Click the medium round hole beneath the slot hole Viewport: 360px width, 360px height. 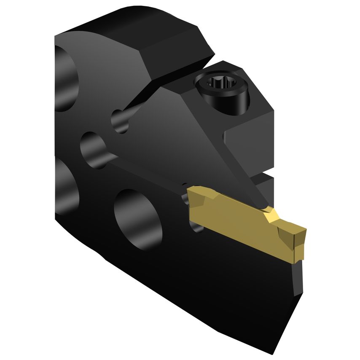(93, 148)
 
